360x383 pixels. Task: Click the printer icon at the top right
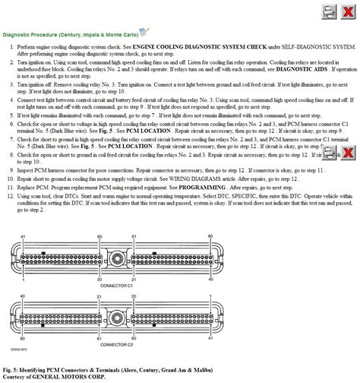point(328,11)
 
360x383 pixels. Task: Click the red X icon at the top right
point(347,11)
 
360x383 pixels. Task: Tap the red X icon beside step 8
point(347,154)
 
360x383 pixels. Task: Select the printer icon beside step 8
point(329,154)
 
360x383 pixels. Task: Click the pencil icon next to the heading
point(145,32)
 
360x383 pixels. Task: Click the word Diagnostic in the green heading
point(18,35)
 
